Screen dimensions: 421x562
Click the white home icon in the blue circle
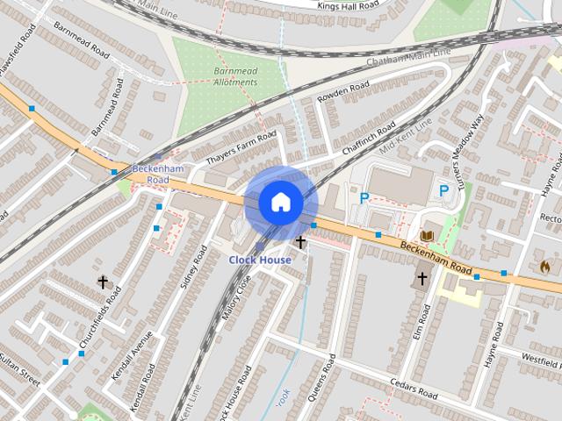pos(281,203)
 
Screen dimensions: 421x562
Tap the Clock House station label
pos(260,260)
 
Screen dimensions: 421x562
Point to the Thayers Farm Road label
pos(241,149)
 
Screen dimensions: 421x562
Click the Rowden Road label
pos(343,92)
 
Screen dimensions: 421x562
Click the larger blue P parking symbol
pos(443,190)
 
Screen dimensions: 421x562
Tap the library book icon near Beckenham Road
pos(428,235)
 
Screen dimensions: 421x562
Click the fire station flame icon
pos(544,265)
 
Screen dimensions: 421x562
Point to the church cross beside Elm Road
pos(421,278)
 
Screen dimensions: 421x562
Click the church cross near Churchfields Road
pos(103,282)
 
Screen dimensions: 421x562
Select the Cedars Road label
pos(414,389)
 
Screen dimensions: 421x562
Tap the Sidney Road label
pos(193,268)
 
